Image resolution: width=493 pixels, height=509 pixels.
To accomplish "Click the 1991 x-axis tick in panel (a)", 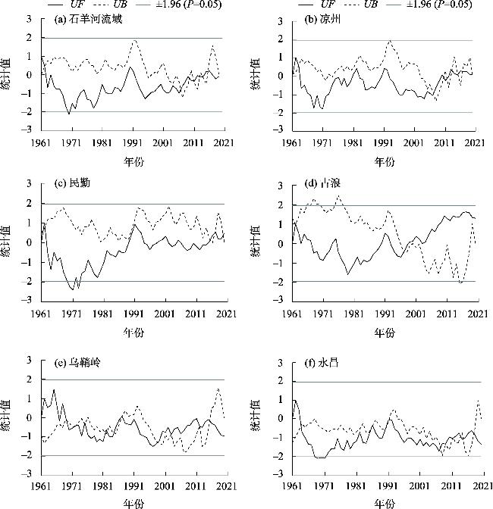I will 133,142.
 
